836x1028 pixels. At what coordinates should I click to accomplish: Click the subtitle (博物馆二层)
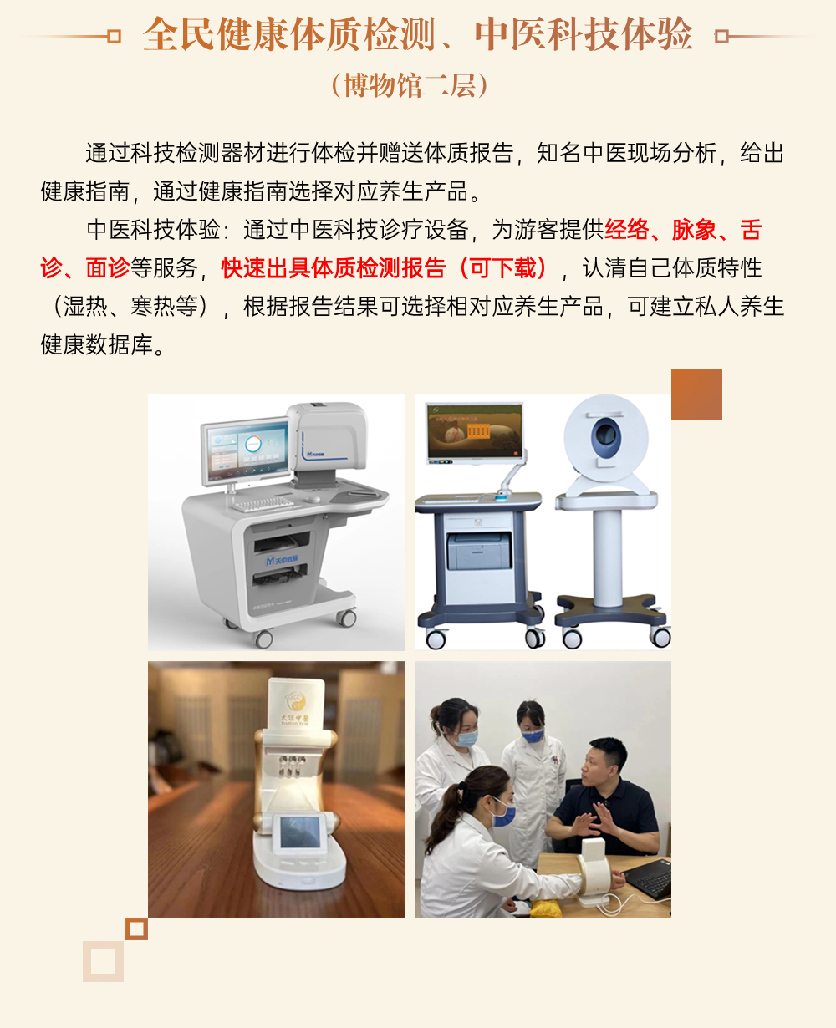point(410,86)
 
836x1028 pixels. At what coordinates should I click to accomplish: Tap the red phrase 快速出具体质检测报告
point(333,267)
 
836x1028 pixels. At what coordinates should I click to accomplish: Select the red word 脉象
point(694,230)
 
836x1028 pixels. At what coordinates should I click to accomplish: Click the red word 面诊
point(108,267)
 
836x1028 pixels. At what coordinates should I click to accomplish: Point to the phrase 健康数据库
point(96,344)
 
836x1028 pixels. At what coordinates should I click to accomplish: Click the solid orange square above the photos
point(696,394)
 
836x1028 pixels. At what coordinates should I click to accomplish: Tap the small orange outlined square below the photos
point(136,929)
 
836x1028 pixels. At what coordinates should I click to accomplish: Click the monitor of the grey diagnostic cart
point(246,451)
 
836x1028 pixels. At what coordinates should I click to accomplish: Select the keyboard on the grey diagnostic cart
point(263,504)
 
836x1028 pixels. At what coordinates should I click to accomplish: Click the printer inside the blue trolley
point(479,551)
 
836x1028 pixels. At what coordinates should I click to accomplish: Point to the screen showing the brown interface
point(476,432)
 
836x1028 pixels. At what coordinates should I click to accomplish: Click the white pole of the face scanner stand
point(607,557)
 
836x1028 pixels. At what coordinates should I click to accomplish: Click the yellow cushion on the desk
point(547,908)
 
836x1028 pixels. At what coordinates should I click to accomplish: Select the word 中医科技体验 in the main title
point(584,34)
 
